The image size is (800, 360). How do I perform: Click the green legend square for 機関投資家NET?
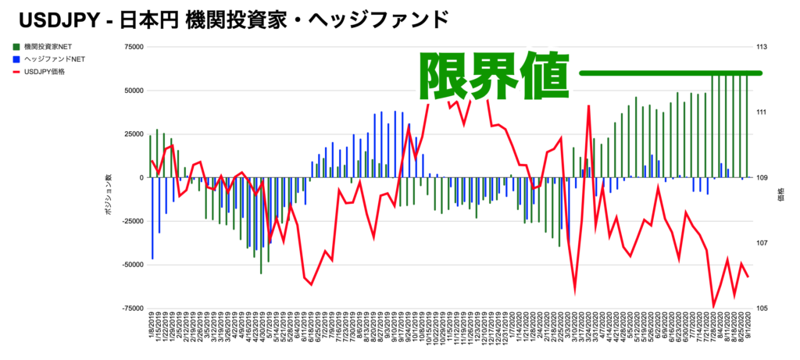[17, 47]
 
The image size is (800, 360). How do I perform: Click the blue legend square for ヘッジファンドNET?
[17, 59]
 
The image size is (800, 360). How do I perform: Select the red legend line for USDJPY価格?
[17, 72]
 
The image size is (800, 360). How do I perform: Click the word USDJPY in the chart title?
[53, 18]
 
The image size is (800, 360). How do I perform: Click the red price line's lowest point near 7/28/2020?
[713, 307]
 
